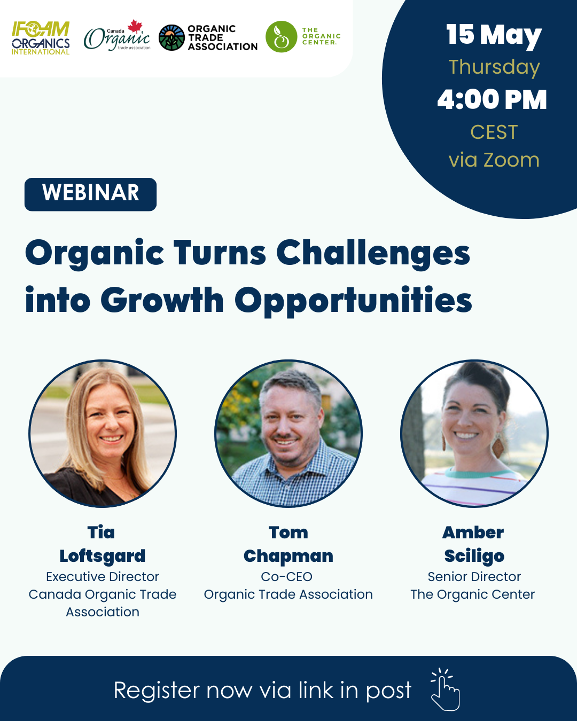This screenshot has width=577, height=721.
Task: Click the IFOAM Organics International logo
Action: (x=41, y=38)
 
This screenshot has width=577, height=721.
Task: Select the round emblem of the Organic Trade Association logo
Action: (x=171, y=37)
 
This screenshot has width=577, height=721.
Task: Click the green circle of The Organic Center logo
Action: (x=282, y=36)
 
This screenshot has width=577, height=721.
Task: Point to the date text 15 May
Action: (x=494, y=35)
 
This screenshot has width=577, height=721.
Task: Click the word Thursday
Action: (x=494, y=67)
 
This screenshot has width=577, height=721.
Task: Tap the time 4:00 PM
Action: (x=492, y=99)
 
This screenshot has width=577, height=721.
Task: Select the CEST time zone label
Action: (x=494, y=132)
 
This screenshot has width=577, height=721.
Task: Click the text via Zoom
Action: (x=494, y=160)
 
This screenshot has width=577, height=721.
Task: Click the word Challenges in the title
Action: (x=373, y=254)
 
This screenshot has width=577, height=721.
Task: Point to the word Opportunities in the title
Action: (x=353, y=300)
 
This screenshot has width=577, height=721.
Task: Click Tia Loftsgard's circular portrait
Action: (x=103, y=434)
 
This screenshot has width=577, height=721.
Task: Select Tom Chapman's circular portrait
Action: (x=288, y=434)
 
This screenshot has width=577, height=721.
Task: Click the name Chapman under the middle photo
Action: (x=288, y=556)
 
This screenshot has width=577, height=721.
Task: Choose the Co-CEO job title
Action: (x=287, y=577)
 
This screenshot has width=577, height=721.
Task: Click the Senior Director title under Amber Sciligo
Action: (x=474, y=577)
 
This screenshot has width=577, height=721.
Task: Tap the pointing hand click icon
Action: (x=445, y=689)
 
